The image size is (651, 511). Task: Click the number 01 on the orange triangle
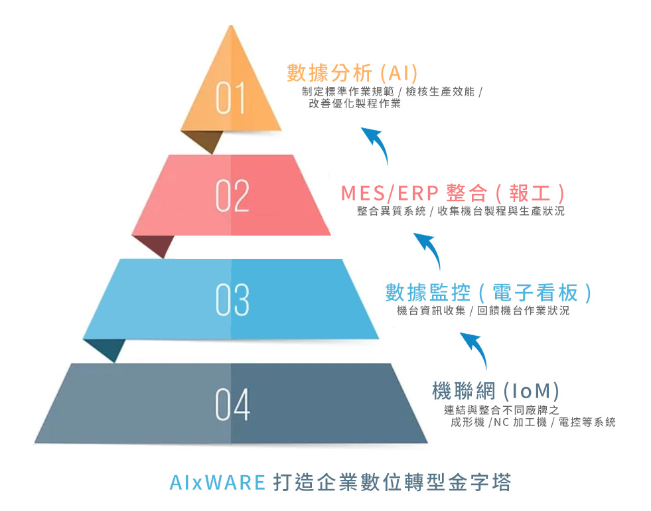point(230,98)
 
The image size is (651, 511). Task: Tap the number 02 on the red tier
point(232,196)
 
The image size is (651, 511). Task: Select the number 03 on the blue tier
point(232,300)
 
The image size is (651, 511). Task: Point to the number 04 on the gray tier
point(232,404)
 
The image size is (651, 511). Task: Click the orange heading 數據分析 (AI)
point(352,73)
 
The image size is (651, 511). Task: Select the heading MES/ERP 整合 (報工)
point(453,193)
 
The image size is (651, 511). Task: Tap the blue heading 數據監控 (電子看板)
point(488,293)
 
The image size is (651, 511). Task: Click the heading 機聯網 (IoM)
point(496,391)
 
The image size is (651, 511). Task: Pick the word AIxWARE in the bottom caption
point(218,482)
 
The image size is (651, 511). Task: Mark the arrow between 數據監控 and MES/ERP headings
point(431,248)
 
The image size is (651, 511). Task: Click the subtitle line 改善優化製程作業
point(355,104)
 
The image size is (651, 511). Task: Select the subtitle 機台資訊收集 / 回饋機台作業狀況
point(483,311)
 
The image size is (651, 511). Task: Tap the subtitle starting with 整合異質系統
point(461,211)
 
